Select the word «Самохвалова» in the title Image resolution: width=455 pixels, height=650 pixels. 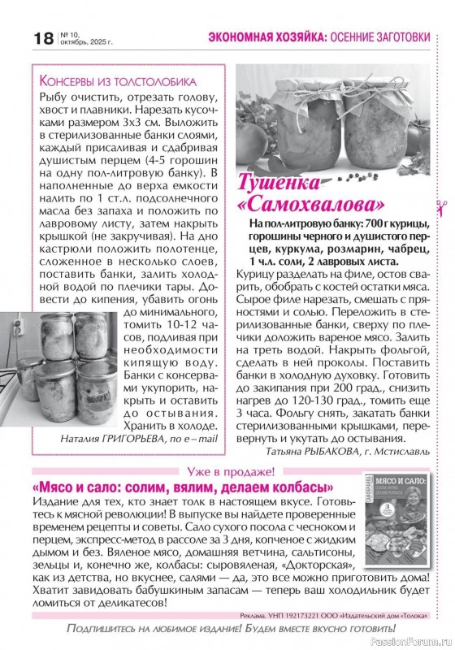[311, 201]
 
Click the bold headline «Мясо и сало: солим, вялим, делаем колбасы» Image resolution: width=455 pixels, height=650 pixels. [183, 487]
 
